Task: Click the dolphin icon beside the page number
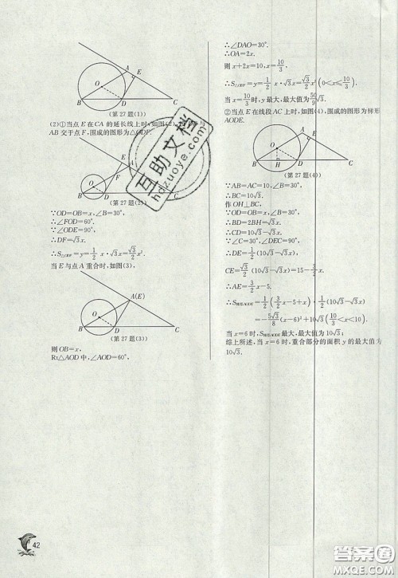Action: (x=22, y=547)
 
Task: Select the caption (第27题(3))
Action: (x=127, y=337)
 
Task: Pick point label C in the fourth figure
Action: (x=349, y=163)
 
